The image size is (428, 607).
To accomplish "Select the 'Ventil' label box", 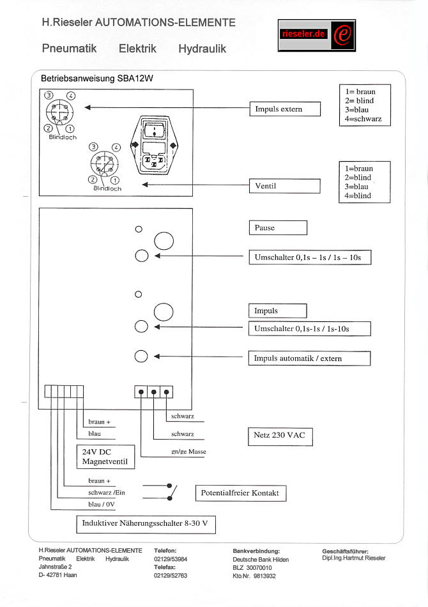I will click(284, 186).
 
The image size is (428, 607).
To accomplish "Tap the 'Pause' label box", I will click(277, 227).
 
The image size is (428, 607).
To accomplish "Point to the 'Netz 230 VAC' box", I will click(279, 437).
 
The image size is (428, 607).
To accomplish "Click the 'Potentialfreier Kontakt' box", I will click(240, 493).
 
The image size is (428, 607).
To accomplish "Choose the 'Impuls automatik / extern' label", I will click(309, 358).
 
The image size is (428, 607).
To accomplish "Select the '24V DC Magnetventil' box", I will click(105, 457).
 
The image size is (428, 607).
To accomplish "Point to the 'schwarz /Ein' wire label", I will click(106, 493).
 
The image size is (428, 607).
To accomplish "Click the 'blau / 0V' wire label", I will click(102, 505).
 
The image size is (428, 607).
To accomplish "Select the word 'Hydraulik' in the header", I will click(202, 49).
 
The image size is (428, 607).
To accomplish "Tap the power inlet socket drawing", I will click(153, 144).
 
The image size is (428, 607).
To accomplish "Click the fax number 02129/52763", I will click(171, 575).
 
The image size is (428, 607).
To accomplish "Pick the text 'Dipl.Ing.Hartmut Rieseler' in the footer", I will click(354, 558).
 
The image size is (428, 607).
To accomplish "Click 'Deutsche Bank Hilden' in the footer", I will click(261, 559).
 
